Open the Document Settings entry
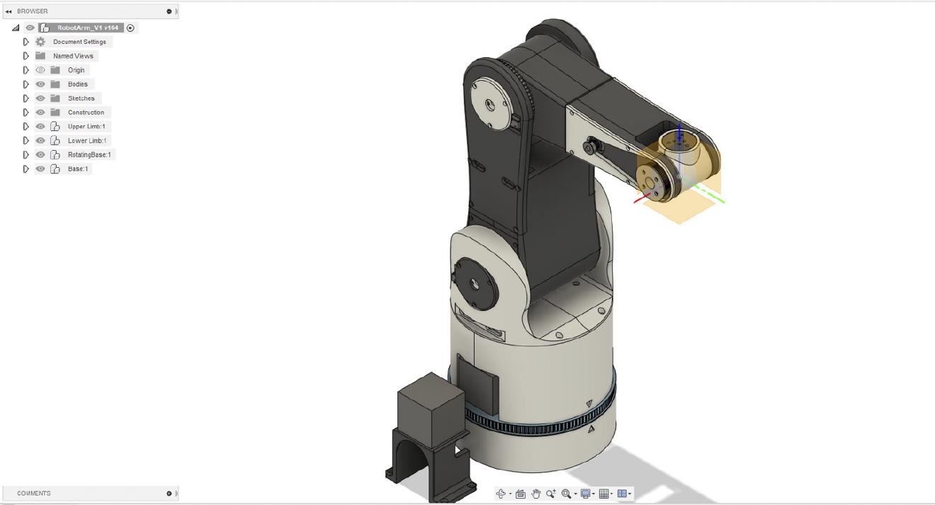79,42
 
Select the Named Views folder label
73,56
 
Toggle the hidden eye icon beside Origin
40,70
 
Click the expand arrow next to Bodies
26,84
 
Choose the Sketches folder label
81,98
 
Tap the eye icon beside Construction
40,113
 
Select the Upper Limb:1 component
86,127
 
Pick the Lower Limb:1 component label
86,141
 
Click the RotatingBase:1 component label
89,155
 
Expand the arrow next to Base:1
26,169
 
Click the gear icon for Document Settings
40,42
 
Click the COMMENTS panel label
34,494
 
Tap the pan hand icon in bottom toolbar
536,494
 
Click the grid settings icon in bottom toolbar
604,494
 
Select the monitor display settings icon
585,494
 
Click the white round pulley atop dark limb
492,103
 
